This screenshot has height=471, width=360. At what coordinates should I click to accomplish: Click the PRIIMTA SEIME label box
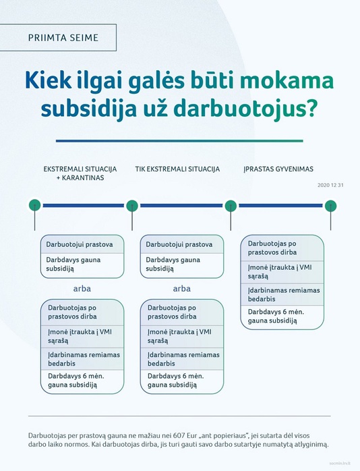pyautogui.click(x=58, y=38)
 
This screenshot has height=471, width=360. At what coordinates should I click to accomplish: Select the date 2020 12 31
pyautogui.click(x=330, y=185)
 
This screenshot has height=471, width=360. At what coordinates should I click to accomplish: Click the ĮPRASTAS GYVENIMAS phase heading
pyautogui.click(x=278, y=169)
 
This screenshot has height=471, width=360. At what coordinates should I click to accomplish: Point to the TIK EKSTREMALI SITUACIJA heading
pyautogui.click(x=177, y=169)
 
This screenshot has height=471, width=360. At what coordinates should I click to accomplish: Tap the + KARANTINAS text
pyautogui.click(x=80, y=178)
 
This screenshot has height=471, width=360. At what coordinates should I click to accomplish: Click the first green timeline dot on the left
pyautogui.click(x=35, y=206)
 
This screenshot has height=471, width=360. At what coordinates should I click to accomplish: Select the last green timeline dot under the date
pyautogui.click(x=330, y=206)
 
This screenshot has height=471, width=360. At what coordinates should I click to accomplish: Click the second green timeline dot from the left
pyautogui.click(x=132, y=206)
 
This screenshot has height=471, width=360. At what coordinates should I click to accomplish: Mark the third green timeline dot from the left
pyautogui.click(x=231, y=206)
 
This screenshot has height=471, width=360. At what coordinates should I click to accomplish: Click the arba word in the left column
pyautogui.click(x=82, y=289)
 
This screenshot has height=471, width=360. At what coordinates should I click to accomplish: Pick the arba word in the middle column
pyautogui.click(x=181, y=289)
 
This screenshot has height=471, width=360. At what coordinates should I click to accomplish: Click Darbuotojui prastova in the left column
pyautogui.click(x=80, y=244)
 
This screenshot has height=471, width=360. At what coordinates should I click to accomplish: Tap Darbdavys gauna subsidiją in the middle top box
pyautogui.click(x=173, y=265)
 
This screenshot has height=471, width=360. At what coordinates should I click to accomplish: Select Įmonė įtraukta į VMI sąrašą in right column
pyautogui.click(x=280, y=272)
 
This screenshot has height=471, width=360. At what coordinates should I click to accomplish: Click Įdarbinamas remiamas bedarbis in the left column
pyautogui.click(x=84, y=359)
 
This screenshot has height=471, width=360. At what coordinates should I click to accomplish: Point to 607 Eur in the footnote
pyautogui.click(x=185, y=435)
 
